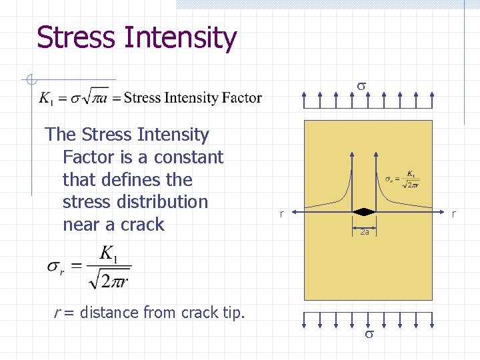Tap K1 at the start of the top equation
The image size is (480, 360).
45,99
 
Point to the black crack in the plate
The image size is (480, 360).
364,212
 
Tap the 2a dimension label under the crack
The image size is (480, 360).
364,233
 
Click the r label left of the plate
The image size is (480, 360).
281,214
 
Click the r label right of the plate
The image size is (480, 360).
453,214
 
